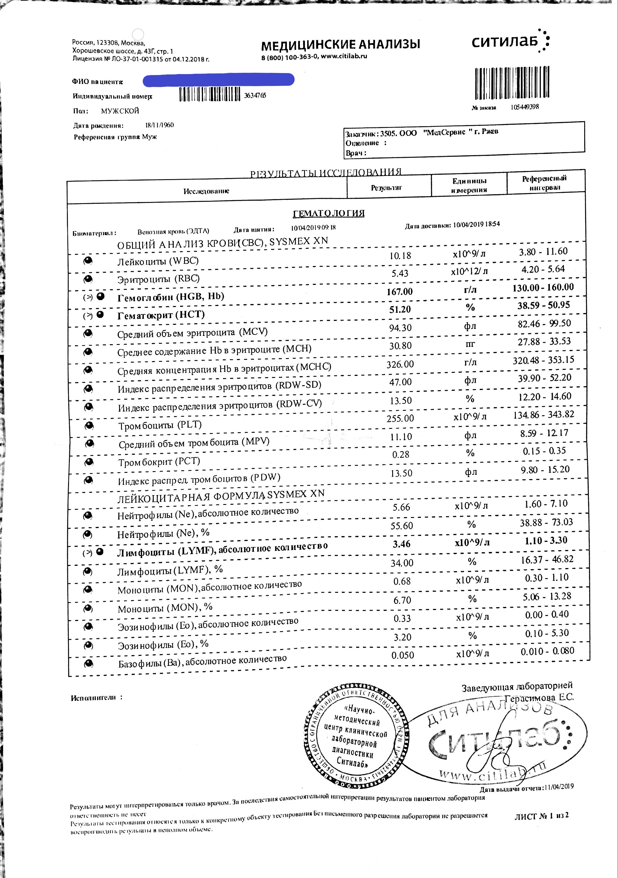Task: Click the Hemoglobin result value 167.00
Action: coord(400,292)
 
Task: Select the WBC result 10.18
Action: coord(400,256)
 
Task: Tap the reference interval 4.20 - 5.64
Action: coord(543,269)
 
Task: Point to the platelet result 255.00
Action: coord(400,418)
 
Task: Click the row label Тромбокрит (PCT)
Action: coord(159,462)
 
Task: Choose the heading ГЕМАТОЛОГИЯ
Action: coord(328,213)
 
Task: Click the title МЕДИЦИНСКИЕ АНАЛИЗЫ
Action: coord(340,45)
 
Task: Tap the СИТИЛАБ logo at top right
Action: coord(510,41)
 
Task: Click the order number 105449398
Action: coord(525,107)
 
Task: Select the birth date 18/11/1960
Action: coord(159,125)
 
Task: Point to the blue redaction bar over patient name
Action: coord(218,80)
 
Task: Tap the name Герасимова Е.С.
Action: coord(539,697)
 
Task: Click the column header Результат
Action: coord(386,188)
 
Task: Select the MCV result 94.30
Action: coord(400,328)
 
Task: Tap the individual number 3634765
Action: coord(255,95)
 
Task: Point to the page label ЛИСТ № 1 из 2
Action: coord(541,815)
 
